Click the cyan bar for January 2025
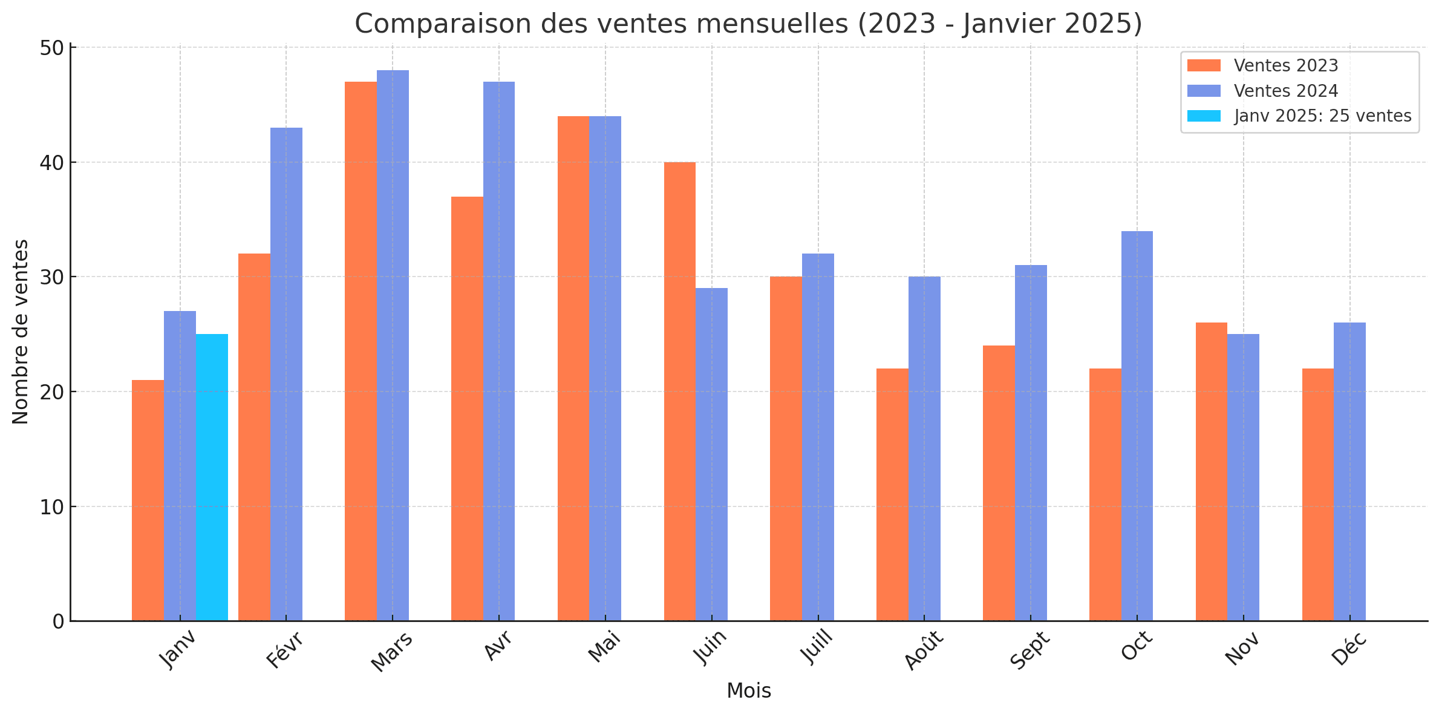[x=212, y=477]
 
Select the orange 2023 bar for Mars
[x=361, y=351]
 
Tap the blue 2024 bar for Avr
[x=499, y=351]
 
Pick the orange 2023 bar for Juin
[x=680, y=391]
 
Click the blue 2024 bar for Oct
[x=1137, y=426]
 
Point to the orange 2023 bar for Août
[x=893, y=494]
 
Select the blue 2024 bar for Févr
[x=287, y=374]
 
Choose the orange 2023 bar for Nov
[x=1212, y=472]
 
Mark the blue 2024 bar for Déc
[x=1350, y=472]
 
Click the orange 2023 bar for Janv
[x=148, y=500]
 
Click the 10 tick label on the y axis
[x=52, y=507]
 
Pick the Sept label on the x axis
[x=1029, y=650]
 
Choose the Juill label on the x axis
[x=817, y=647]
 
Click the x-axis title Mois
[x=749, y=691]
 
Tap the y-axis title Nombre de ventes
[x=21, y=332]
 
